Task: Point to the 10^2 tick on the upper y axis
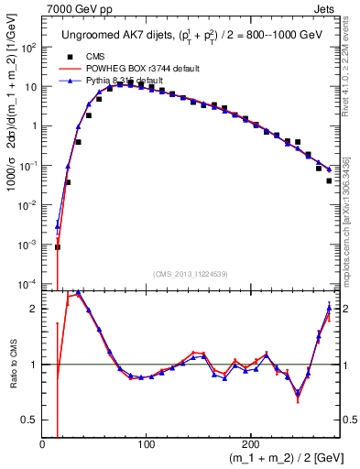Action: (x=29, y=47)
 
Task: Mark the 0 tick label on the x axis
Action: (x=43, y=444)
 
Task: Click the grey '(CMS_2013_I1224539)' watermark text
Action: (x=191, y=273)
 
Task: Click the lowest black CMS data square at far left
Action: (x=57, y=246)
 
